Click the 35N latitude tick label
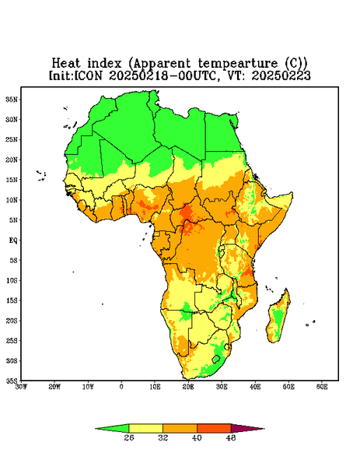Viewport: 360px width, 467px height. [12, 100]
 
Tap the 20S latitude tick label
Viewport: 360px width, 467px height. [12, 321]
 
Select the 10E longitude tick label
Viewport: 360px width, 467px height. [155, 387]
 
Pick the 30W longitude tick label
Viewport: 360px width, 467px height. [22, 387]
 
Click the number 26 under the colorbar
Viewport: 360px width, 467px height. [129, 437]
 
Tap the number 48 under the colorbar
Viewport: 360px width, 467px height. [231, 437]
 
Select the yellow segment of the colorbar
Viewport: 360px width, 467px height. [145, 428]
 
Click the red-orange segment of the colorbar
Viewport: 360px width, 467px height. [214, 428]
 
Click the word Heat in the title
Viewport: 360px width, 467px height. [66, 64]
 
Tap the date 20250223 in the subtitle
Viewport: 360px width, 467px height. [281, 75]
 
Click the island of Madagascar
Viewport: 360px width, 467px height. [278, 318]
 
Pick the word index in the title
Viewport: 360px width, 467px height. [105, 64]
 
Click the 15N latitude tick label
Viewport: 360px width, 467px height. [12, 180]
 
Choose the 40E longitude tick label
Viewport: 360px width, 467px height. [255, 387]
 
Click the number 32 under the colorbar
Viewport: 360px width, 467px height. [163, 437]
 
